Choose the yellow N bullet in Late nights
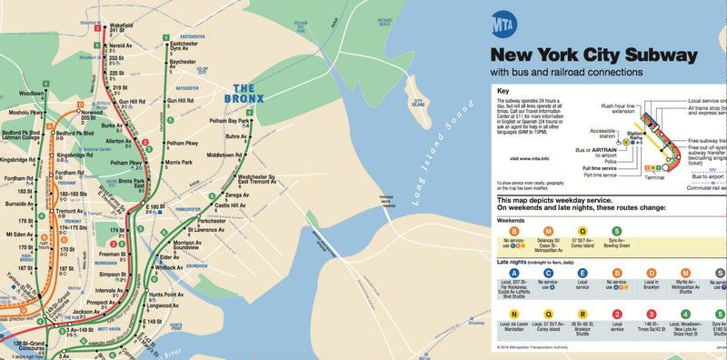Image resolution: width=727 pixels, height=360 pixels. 513,314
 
